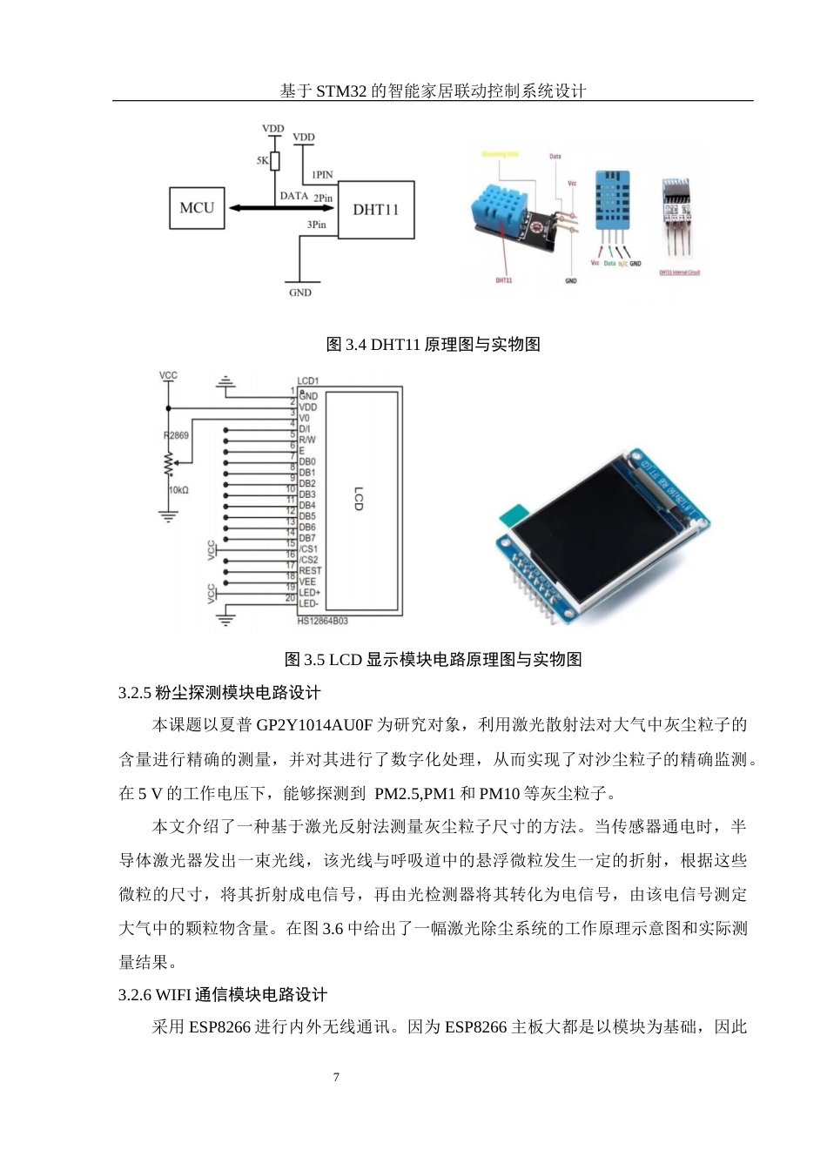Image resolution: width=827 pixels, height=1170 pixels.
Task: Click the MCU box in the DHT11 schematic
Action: tap(196, 208)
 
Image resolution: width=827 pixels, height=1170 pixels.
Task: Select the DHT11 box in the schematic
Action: tap(375, 210)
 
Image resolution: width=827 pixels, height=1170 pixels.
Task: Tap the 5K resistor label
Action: tap(262, 161)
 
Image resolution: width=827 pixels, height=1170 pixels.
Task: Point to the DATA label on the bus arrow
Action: tap(294, 196)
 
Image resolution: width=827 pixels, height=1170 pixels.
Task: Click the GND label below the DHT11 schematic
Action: tap(299, 292)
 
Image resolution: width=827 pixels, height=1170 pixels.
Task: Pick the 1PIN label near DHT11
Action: tap(322, 175)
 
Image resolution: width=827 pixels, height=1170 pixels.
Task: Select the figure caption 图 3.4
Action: tap(433, 344)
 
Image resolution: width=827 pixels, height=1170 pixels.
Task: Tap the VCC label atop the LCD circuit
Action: tap(168, 375)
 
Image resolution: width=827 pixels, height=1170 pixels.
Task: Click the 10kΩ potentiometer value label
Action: tap(178, 490)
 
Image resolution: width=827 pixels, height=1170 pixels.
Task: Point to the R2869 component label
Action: tap(176, 434)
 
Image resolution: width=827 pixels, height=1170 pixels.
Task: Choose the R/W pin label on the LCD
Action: tap(307, 440)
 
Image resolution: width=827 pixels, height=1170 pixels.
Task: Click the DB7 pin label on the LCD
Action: tap(307, 538)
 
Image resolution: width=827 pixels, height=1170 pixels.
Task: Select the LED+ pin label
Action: tap(309, 593)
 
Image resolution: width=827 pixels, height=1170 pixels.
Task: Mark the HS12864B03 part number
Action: tap(322, 621)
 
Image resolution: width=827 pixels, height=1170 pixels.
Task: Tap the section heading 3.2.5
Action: tap(219, 693)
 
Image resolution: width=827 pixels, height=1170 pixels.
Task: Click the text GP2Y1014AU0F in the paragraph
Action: tap(314, 725)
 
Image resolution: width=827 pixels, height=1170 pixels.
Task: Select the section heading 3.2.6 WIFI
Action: tap(223, 995)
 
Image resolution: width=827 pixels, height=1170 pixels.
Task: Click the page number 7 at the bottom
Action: tap(337, 1077)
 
